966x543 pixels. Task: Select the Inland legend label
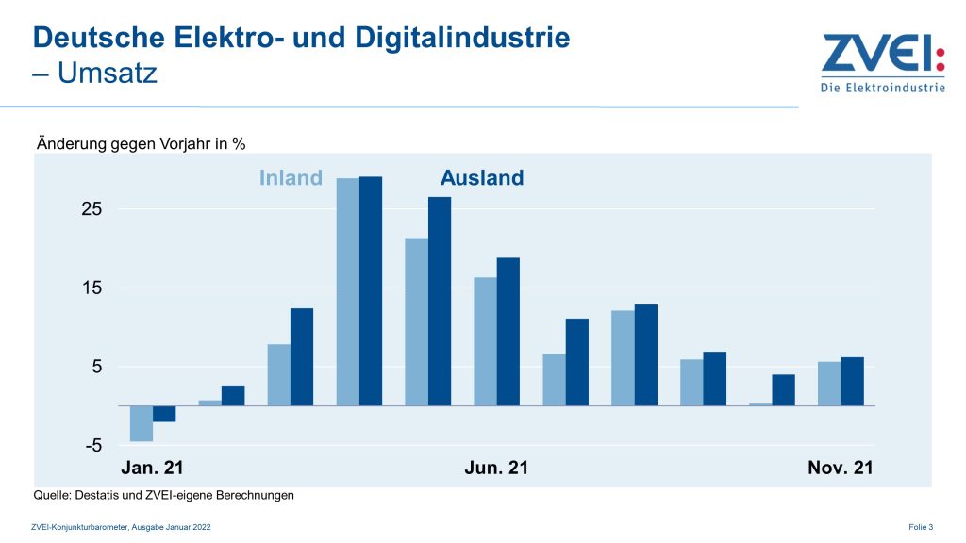(x=291, y=178)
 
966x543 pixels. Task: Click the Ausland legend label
(x=481, y=178)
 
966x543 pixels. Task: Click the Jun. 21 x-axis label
(x=496, y=468)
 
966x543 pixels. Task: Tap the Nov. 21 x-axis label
(x=841, y=468)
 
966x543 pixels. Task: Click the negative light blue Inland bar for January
(x=142, y=423)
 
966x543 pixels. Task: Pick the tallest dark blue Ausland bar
(x=371, y=290)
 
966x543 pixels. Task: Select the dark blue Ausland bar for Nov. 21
(x=852, y=381)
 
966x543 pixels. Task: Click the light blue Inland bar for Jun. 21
(x=485, y=341)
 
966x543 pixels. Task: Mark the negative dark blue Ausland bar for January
(x=164, y=413)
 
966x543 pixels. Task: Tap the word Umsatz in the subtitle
(x=108, y=73)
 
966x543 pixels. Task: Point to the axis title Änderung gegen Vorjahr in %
(x=141, y=144)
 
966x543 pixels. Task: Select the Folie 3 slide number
(x=920, y=527)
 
